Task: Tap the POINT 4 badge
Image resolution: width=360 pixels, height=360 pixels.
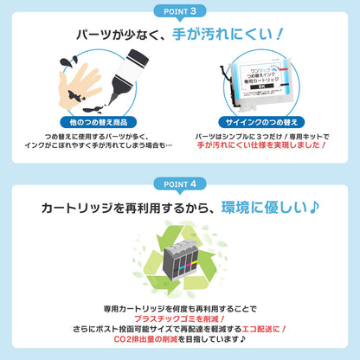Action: (179, 183)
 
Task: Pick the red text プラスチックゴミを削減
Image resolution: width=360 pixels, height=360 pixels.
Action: (179, 319)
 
